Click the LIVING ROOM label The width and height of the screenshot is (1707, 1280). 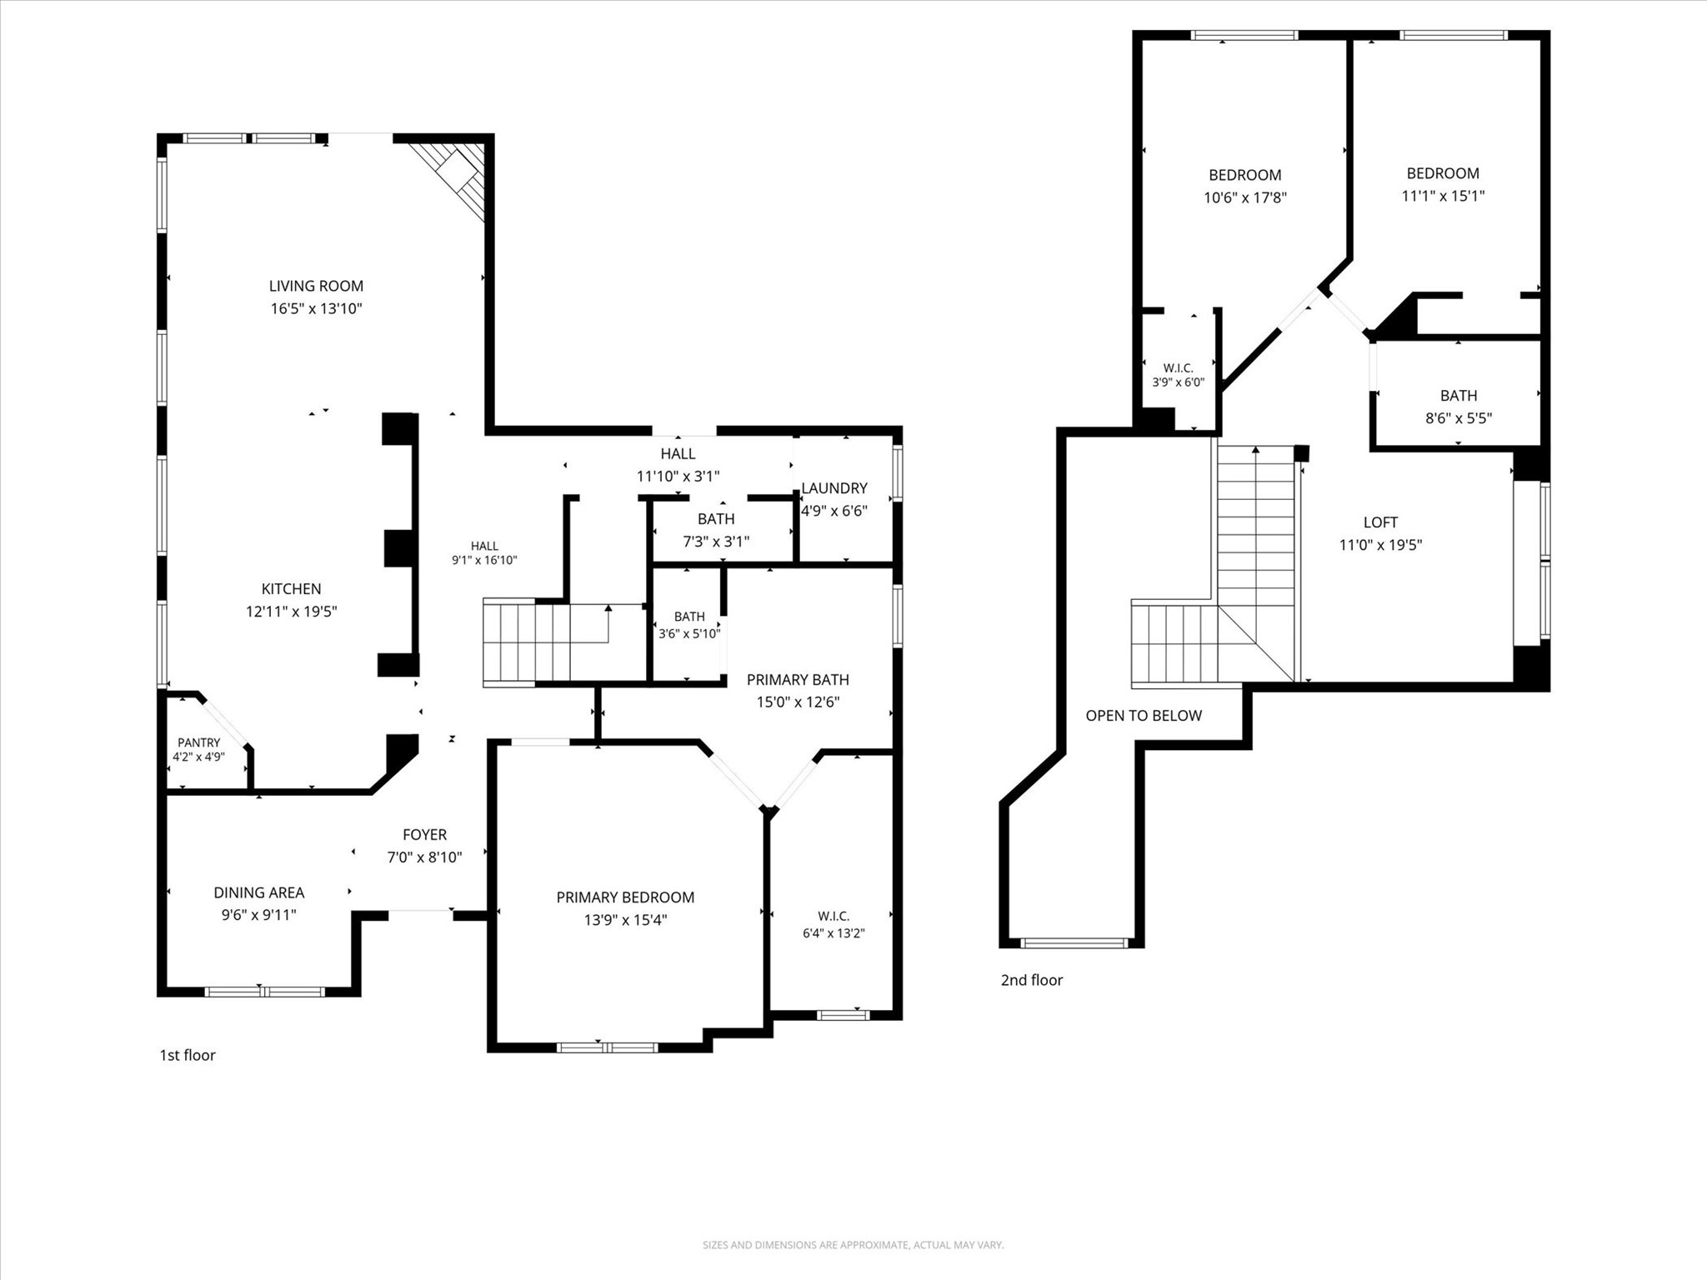316,286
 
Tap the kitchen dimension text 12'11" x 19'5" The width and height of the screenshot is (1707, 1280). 291,612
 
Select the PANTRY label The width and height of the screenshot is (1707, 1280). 198,742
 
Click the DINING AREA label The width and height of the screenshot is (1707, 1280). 259,892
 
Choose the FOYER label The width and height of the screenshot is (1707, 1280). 424,834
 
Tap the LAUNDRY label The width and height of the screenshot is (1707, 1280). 834,488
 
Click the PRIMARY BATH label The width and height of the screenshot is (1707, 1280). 798,679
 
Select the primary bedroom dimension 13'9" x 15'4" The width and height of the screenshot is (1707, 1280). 625,920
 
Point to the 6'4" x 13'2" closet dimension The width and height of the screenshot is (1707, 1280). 833,933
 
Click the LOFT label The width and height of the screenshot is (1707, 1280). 1380,522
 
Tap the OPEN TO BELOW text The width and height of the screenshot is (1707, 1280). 1144,716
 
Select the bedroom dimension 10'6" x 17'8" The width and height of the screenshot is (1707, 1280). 1245,198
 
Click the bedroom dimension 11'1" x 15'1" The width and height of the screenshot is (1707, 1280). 1443,197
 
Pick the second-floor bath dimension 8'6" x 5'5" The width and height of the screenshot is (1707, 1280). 1459,418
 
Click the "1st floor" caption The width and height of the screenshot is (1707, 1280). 188,1055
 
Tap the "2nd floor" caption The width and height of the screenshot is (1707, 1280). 1032,980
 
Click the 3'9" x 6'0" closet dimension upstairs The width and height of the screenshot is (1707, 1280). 1179,382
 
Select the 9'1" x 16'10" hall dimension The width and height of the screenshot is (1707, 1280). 484,560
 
